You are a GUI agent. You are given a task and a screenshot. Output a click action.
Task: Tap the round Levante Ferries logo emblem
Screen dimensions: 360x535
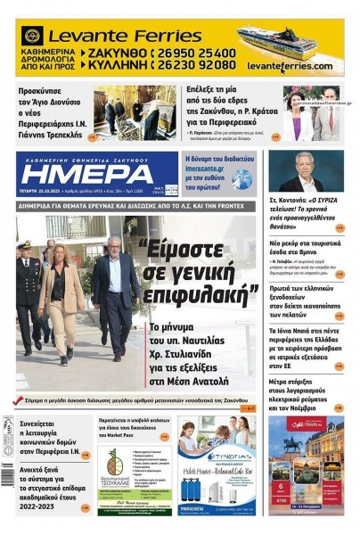coord(33,36)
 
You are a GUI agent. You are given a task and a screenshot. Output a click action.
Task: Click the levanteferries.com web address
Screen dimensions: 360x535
coord(290,67)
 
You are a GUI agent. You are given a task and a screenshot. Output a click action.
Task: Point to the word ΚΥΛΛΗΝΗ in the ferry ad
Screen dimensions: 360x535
coord(115,65)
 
